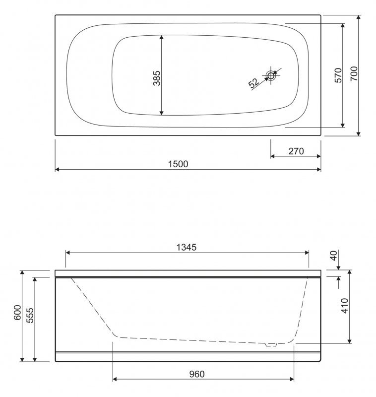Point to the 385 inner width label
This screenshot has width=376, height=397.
156,75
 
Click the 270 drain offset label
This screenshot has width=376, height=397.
296,151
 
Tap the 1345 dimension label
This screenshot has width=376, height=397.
188,247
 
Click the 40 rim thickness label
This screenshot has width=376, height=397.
333,257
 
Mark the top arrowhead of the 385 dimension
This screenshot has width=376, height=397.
162,37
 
